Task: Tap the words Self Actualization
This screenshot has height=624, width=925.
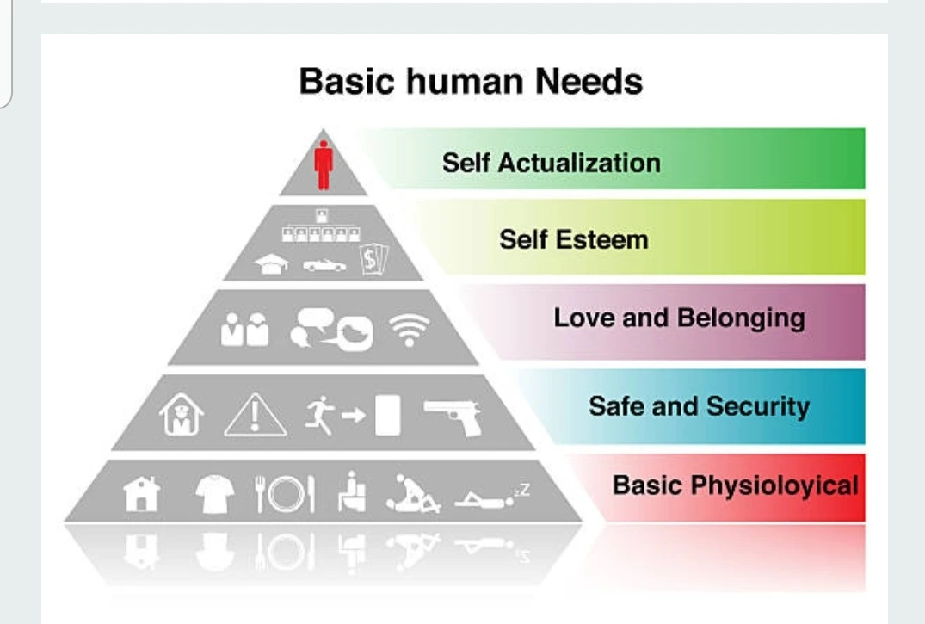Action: click(x=551, y=162)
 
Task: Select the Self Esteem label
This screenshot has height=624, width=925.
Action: click(x=573, y=238)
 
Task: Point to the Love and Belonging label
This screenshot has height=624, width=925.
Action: click(x=679, y=318)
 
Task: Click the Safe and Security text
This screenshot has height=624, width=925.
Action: click(x=699, y=405)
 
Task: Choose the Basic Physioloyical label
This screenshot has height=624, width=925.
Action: click(x=735, y=485)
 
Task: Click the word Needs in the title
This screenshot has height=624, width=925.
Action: click(x=589, y=82)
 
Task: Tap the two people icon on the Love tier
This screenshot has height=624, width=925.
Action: click(x=244, y=330)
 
